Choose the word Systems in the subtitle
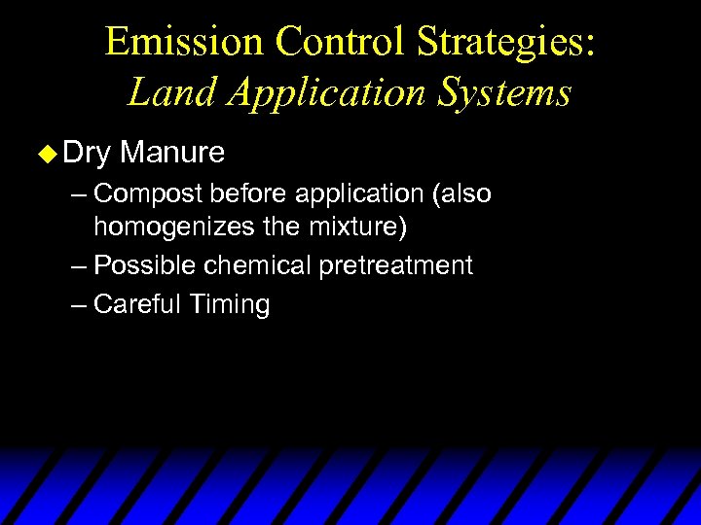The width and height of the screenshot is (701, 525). pyautogui.click(x=505, y=94)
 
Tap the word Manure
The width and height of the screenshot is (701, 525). pyautogui.click(x=173, y=153)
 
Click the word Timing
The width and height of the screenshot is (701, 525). pyautogui.click(x=230, y=305)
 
